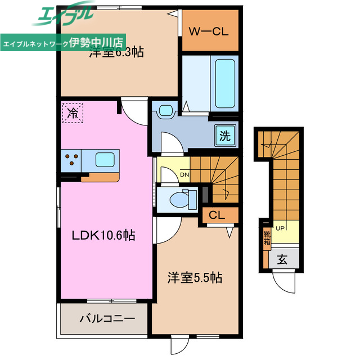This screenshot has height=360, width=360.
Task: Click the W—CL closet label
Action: click(x=209, y=31)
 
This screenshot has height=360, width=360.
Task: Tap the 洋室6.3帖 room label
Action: click(x=116, y=53)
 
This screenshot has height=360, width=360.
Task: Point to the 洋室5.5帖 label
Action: click(x=195, y=278)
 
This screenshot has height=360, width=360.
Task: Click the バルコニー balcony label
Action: click(x=107, y=318)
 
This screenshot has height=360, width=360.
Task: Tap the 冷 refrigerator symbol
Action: click(x=73, y=112)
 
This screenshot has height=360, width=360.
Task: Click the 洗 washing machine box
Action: click(x=225, y=135)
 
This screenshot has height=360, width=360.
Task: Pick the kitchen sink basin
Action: click(x=105, y=159)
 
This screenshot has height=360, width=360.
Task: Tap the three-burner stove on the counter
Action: click(x=73, y=160)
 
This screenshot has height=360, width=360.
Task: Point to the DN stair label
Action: click(x=184, y=174)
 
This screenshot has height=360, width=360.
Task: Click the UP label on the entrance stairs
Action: click(x=280, y=227)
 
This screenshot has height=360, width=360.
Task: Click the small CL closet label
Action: click(x=217, y=215)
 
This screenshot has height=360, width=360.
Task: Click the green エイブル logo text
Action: click(x=62, y=15)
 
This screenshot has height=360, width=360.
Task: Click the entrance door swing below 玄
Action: click(x=283, y=279)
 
